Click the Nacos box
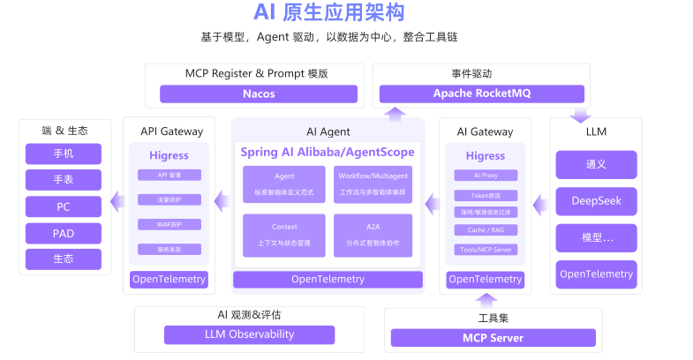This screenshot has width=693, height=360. (259, 94)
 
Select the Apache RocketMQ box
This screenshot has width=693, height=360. (481, 94)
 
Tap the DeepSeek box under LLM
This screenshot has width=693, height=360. (595, 200)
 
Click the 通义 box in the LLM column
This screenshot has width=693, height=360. (595, 164)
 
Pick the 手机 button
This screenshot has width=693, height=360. (64, 154)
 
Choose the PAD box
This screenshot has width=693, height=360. (64, 233)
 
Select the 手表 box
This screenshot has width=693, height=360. (64, 180)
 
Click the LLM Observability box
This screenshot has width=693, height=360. (249, 334)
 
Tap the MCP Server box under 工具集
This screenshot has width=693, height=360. (493, 338)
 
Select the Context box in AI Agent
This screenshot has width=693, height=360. (284, 234)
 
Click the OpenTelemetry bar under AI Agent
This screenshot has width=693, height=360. (328, 280)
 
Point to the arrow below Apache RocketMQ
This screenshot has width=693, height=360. (580, 116)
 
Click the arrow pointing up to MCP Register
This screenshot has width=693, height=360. (395, 113)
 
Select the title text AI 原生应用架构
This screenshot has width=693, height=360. (328, 13)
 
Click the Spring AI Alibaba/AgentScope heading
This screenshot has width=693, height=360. (328, 153)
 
